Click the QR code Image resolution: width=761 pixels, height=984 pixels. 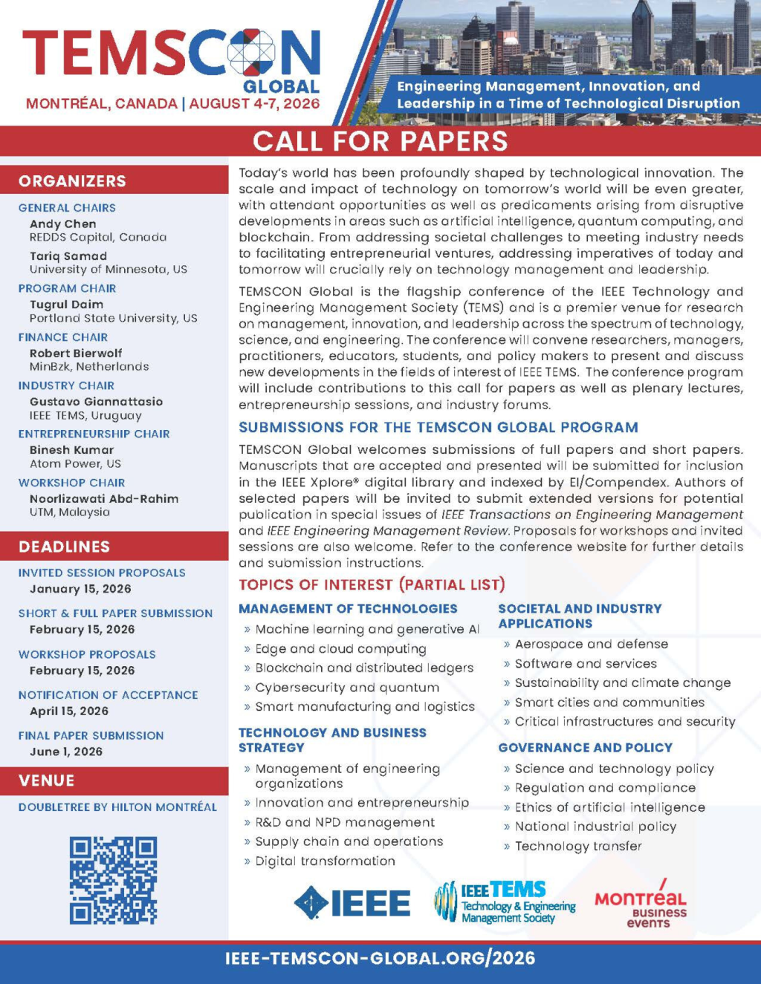113,880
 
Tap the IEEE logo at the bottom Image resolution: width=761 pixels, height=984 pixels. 352,902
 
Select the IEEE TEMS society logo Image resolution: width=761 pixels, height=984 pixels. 505,902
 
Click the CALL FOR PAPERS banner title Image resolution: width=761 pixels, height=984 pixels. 380,141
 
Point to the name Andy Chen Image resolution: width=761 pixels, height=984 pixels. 62,224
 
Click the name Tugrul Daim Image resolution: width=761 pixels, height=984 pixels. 66,304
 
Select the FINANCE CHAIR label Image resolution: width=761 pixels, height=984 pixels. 63,337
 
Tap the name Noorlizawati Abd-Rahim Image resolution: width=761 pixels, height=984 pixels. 104,499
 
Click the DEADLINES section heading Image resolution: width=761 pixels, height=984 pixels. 64,547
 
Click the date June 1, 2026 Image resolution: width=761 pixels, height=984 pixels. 66,752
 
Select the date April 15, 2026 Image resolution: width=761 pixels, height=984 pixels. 69,711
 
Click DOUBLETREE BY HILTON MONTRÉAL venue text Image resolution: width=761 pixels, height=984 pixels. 117,807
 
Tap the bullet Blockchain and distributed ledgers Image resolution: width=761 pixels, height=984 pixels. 364,668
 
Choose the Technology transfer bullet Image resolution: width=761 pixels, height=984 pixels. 578,846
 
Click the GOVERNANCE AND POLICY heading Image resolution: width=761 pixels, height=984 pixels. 585,748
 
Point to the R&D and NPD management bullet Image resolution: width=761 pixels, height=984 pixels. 345,822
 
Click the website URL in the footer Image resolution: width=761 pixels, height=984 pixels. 380,958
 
